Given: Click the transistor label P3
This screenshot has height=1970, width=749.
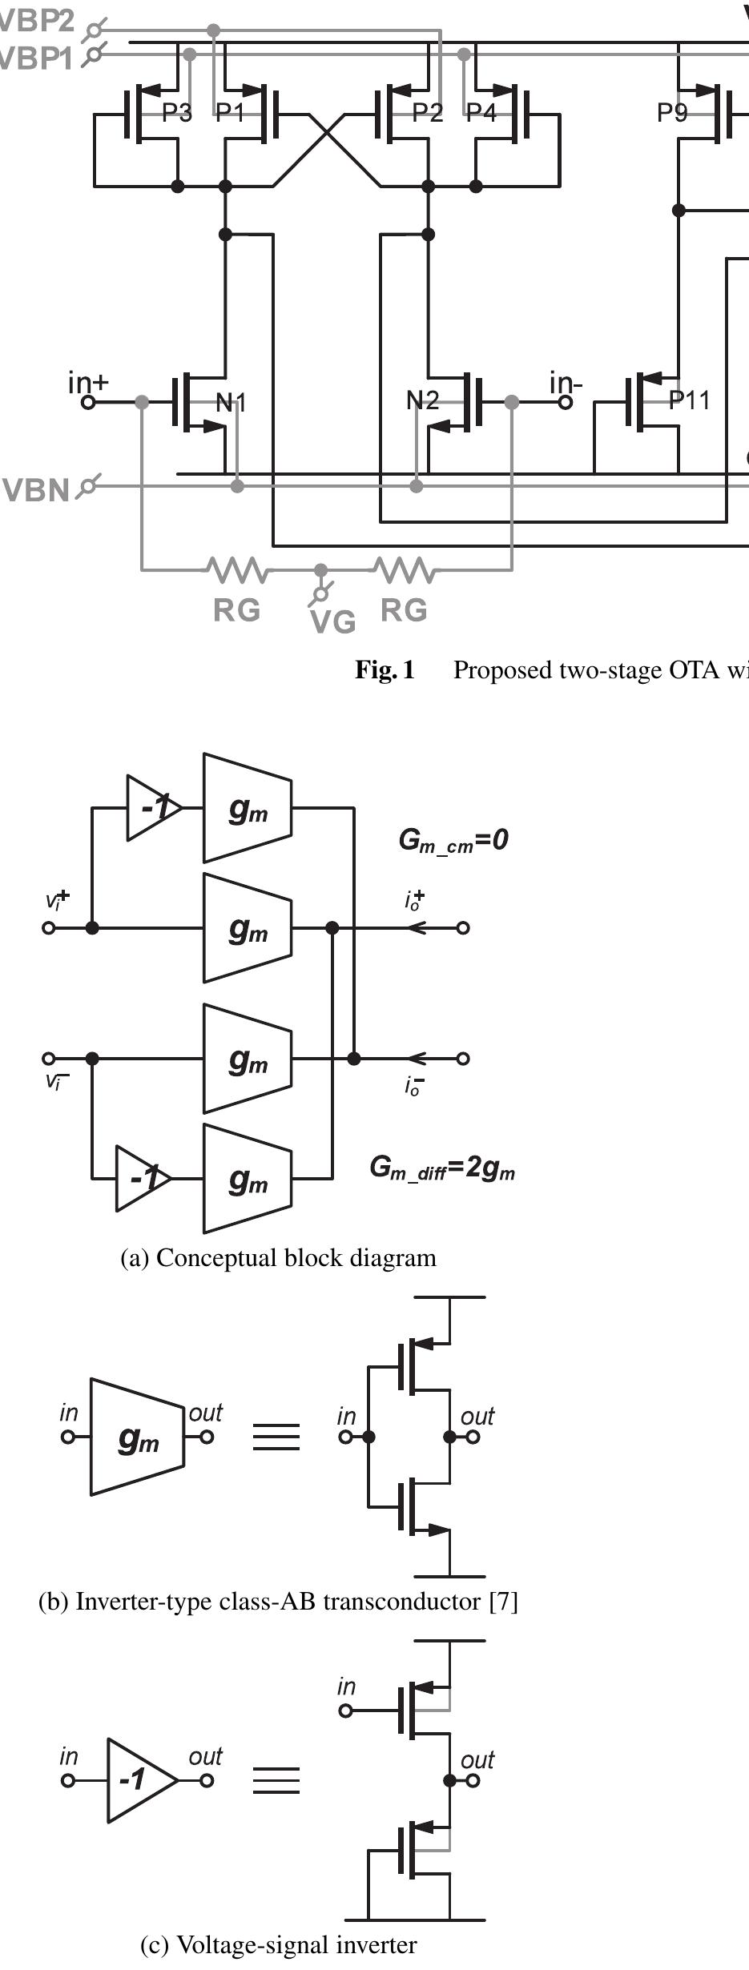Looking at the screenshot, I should point(176,113).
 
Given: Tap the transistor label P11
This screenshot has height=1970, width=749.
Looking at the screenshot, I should point(689,400).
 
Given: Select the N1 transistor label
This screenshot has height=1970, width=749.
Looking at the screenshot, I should point(231,402).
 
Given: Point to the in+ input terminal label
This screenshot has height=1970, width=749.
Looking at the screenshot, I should point(87,383).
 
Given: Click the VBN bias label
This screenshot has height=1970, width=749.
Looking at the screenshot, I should point(37,490).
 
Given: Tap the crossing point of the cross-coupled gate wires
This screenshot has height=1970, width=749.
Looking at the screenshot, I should point(327,135).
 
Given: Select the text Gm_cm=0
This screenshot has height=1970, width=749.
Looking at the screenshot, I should point(453,840).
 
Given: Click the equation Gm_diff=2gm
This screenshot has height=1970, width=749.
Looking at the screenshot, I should point(441,1168).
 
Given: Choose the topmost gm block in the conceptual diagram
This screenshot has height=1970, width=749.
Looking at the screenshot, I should point(248,809).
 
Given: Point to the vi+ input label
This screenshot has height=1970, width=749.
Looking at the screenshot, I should point(57,900).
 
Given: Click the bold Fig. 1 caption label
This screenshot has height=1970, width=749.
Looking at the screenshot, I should point(385,669).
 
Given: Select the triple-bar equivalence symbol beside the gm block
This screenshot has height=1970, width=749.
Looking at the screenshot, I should point(276,1436).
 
